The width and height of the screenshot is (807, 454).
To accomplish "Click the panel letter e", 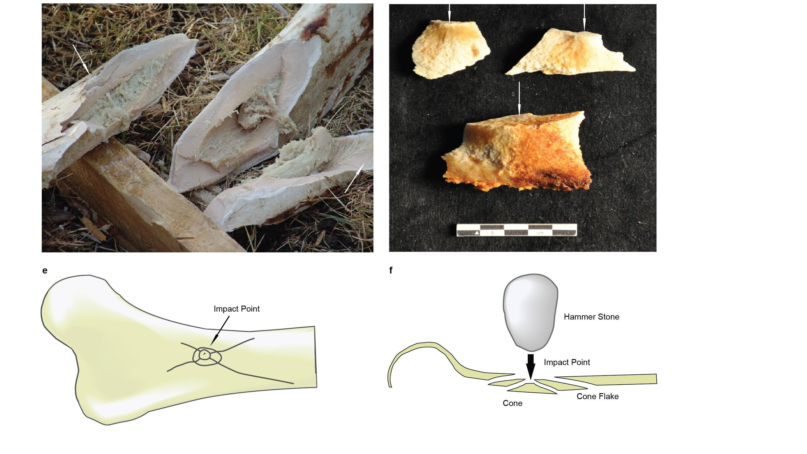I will (x=45, y=271).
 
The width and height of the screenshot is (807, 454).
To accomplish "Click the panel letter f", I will (x=391, y=270).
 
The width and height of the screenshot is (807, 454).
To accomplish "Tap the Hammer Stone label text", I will (x=591, y=317).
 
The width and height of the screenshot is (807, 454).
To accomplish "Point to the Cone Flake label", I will (x=597, y=396).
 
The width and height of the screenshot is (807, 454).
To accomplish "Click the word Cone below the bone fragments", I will (x=513, y=403).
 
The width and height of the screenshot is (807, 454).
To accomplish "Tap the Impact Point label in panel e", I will (x=236, y=309).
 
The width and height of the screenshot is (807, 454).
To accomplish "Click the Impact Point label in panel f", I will (x=567, y=362).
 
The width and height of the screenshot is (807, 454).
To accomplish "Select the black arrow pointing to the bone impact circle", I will (x=220, y=330).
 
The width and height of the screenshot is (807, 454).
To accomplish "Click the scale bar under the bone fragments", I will (x=516, y=230).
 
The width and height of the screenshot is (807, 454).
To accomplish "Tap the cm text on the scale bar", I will (x=540, y=233).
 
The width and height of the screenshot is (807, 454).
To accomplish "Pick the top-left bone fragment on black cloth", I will (x=448, y=50).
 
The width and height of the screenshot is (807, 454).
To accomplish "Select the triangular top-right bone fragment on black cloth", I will (x=570, y=55).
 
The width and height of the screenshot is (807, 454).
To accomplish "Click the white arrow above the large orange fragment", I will (x=519, y=99).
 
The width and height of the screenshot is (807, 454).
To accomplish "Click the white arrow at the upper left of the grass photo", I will (x=82, y=59).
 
